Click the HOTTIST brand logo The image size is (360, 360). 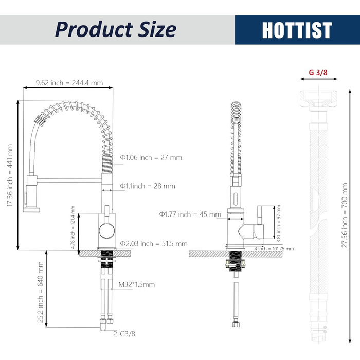coord(297,30)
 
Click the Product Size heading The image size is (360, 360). coord(116,29)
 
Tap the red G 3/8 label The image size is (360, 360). coord(318,73)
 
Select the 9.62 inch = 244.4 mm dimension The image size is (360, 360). coord(69,83)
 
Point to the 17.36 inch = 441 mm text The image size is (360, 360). coord(10,175)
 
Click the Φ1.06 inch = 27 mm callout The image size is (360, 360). coord(151,158)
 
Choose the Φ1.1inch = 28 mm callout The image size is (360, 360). coord(148,186)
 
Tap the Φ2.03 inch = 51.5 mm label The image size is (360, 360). coord(154,244)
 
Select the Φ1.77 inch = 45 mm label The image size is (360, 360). coord(190,214)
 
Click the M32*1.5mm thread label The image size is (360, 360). coord(137,285)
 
